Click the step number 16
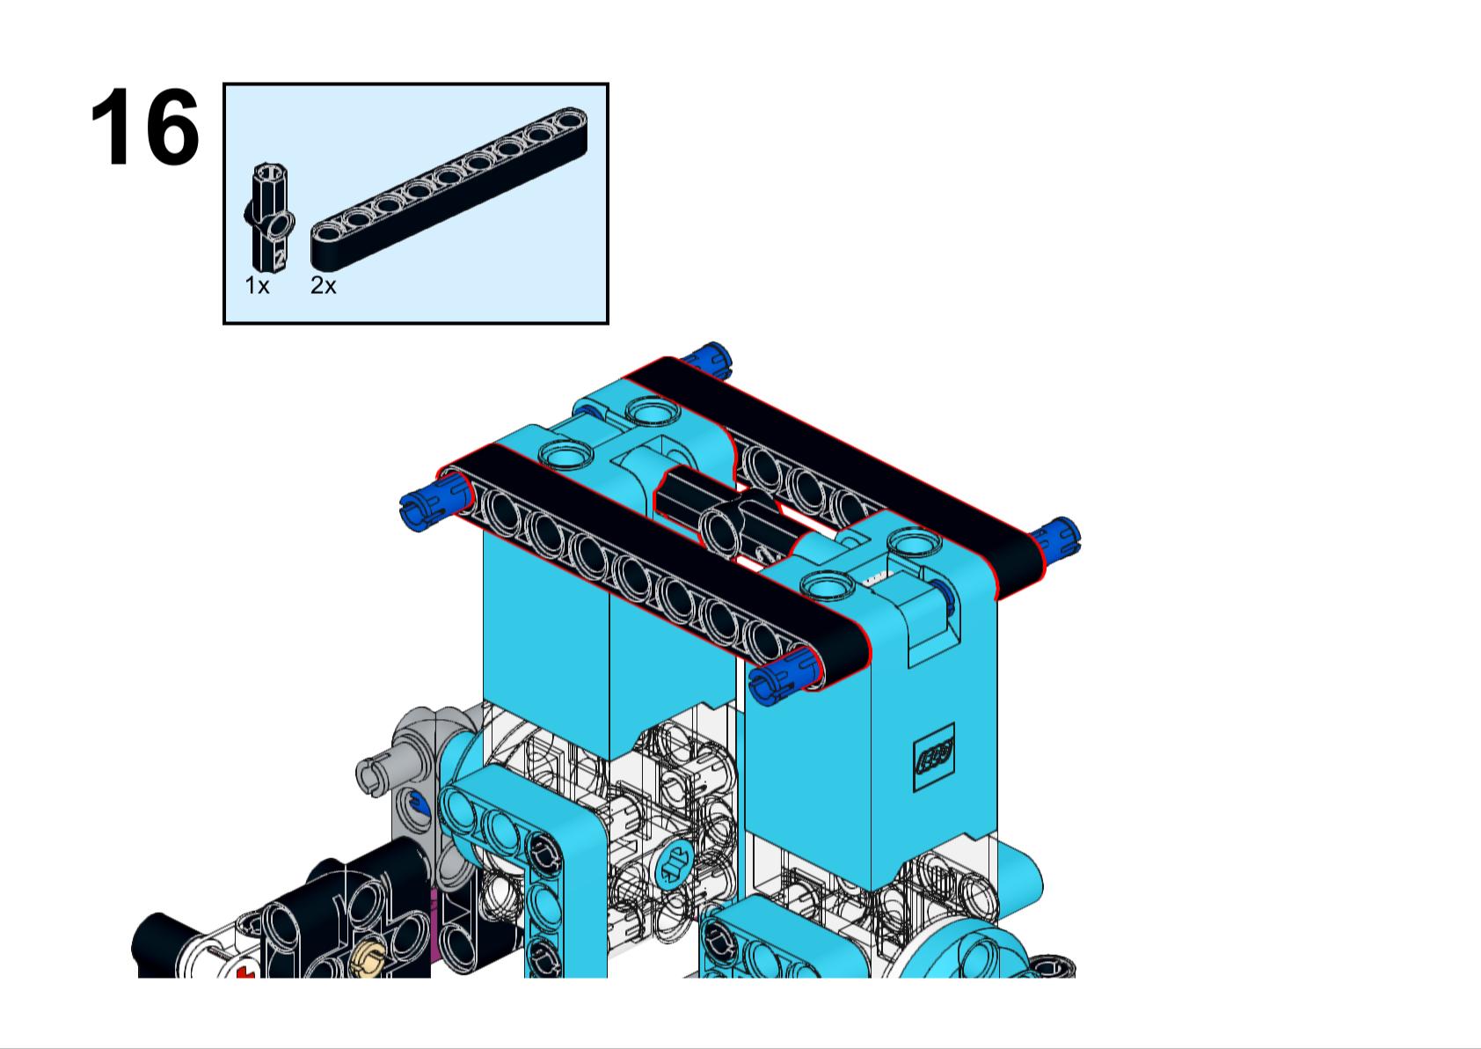[145, 128]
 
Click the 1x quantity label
[257, 286]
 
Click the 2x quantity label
[323, 286]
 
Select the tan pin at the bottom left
[368, 958]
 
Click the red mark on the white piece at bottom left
[245, 973]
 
